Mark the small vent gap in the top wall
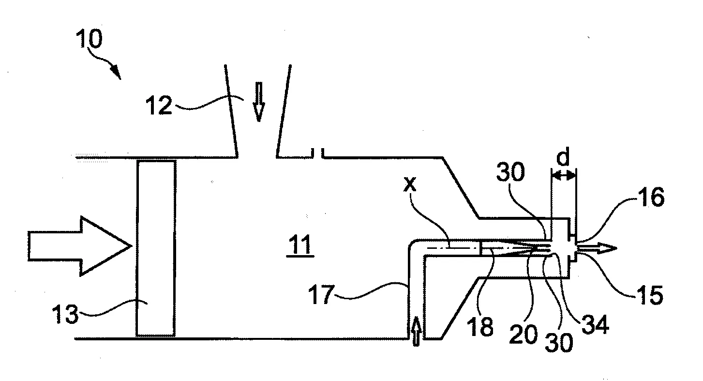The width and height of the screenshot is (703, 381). click(317, 154)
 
